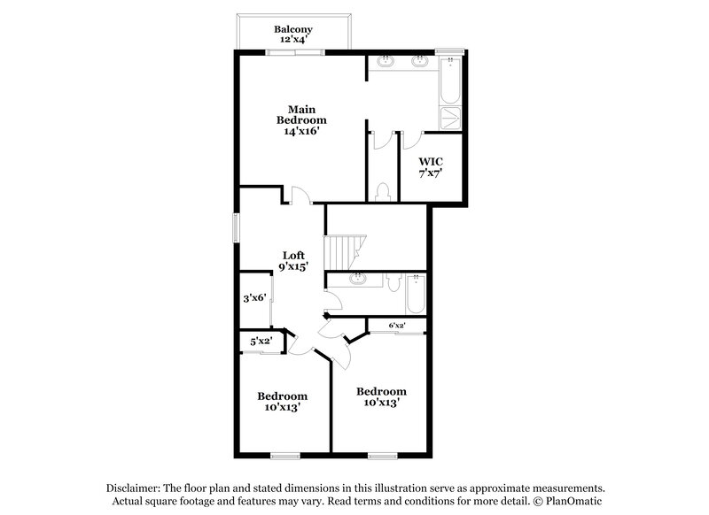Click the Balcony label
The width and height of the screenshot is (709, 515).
pyautogui.click(x=292, y=29)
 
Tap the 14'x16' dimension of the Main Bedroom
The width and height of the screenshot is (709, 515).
pyautogui.click(x=301, y=131)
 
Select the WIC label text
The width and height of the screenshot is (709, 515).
pyautogui.click(x=431, y=161)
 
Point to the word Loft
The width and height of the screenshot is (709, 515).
pyautogui.click(x=294, y=255)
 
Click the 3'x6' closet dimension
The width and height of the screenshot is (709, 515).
pyautogui.click(x=254, y=298)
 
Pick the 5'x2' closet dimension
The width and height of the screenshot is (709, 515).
pyautogui.click(x=261, y=341)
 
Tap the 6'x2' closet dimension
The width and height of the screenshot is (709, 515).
pyautogui.click(x=396, y=326)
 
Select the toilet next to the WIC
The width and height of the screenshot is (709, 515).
pyautogui.click(x=383, y=191)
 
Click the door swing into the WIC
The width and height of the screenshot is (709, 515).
pyautogui.click(x=413, y=142)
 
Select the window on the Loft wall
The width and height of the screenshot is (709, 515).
pyautogui.click(x=236, y=227)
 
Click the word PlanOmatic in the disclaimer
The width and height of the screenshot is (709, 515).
pyautogui.click(x=576, y=501)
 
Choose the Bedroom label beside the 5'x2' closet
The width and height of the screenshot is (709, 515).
pyautogui.click(x=283, y=396)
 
